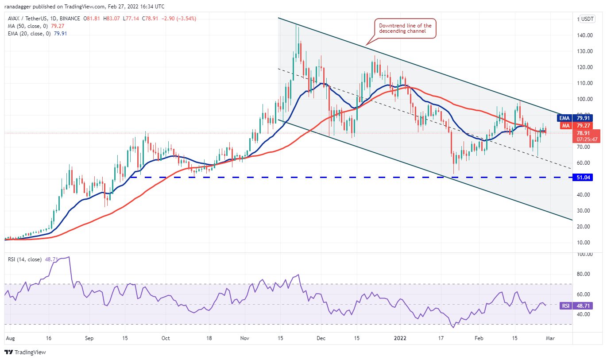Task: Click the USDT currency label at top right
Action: (x=588, y=19)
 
